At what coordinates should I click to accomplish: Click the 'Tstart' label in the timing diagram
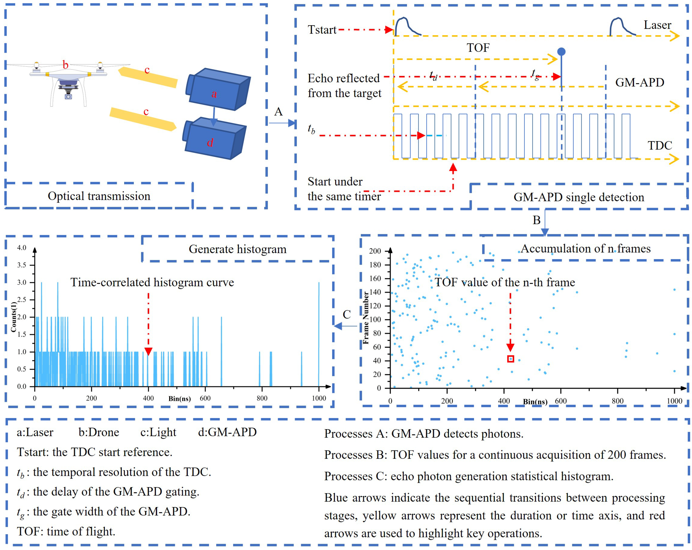[322, 30]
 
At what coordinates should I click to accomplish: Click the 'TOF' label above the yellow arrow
[478, 48]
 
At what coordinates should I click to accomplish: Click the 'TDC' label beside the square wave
[659, 145]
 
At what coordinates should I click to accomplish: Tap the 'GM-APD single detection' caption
[579, 197]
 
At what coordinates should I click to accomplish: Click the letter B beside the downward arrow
[536, 220]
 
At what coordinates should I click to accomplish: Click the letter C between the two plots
[347, 314]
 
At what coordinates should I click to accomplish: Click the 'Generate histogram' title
[237, 249]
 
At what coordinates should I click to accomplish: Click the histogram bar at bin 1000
[319, 334]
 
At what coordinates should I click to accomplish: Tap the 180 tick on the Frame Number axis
[375, 265]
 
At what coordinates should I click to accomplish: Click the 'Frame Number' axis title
[365, 318]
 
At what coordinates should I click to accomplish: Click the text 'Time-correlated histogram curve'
[152, 282]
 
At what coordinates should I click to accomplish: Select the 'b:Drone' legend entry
[99, 432]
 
